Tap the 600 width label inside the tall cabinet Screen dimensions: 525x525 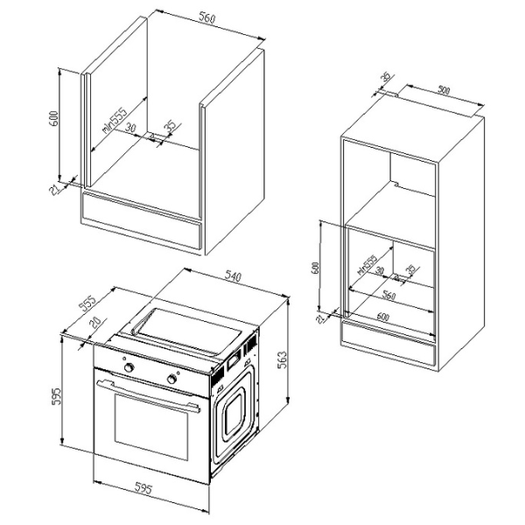pyautogui.click(x=383, y=315)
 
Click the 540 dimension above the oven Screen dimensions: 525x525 pyautogui.click(x=233, y=277)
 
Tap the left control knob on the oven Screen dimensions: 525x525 pyautogui.click(x=129, y=368)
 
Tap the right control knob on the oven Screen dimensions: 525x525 pyautogui.click(x=171, y=380)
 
